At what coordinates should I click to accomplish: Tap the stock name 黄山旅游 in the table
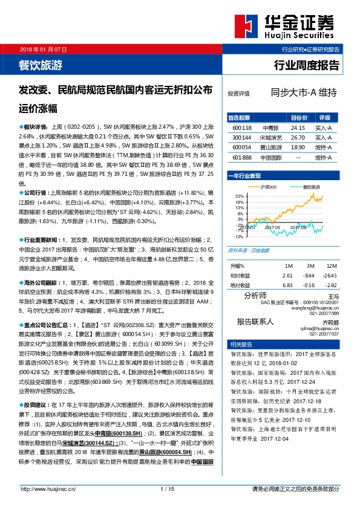click(270, 147)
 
